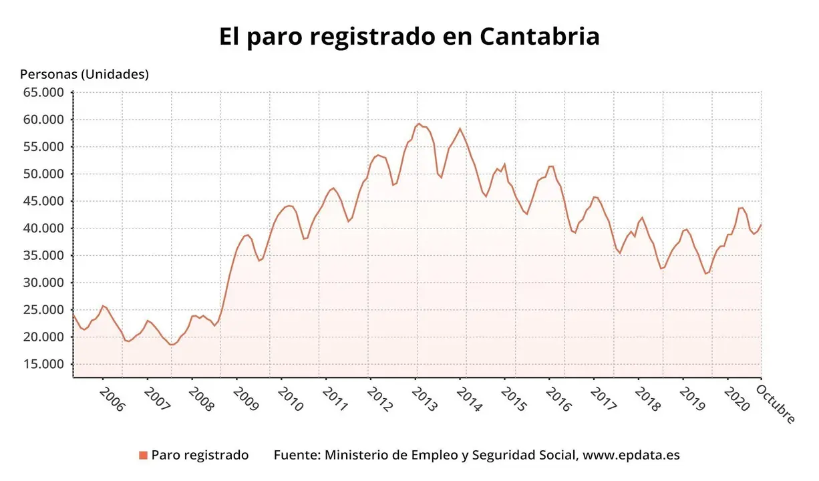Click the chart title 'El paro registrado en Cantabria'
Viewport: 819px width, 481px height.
click(409, 37)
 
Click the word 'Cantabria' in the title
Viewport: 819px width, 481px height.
click(539, 37)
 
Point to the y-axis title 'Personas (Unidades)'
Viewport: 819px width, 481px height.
click(84, 74)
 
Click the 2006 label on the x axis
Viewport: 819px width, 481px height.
click(112, 399)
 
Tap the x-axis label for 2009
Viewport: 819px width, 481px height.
click(245, 399)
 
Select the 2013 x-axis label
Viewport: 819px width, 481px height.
click(424, 399)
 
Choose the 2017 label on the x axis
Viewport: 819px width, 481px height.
click(603, 399)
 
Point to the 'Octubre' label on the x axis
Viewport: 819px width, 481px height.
click(776, 403)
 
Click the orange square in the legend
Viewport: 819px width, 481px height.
click(143, 456)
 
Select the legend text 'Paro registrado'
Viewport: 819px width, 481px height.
click(200, 455)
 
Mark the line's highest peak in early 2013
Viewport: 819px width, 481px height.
click(419, 124)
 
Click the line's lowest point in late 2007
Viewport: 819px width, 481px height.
click(172, 345)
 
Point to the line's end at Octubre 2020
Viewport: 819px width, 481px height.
click(761, 225)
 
